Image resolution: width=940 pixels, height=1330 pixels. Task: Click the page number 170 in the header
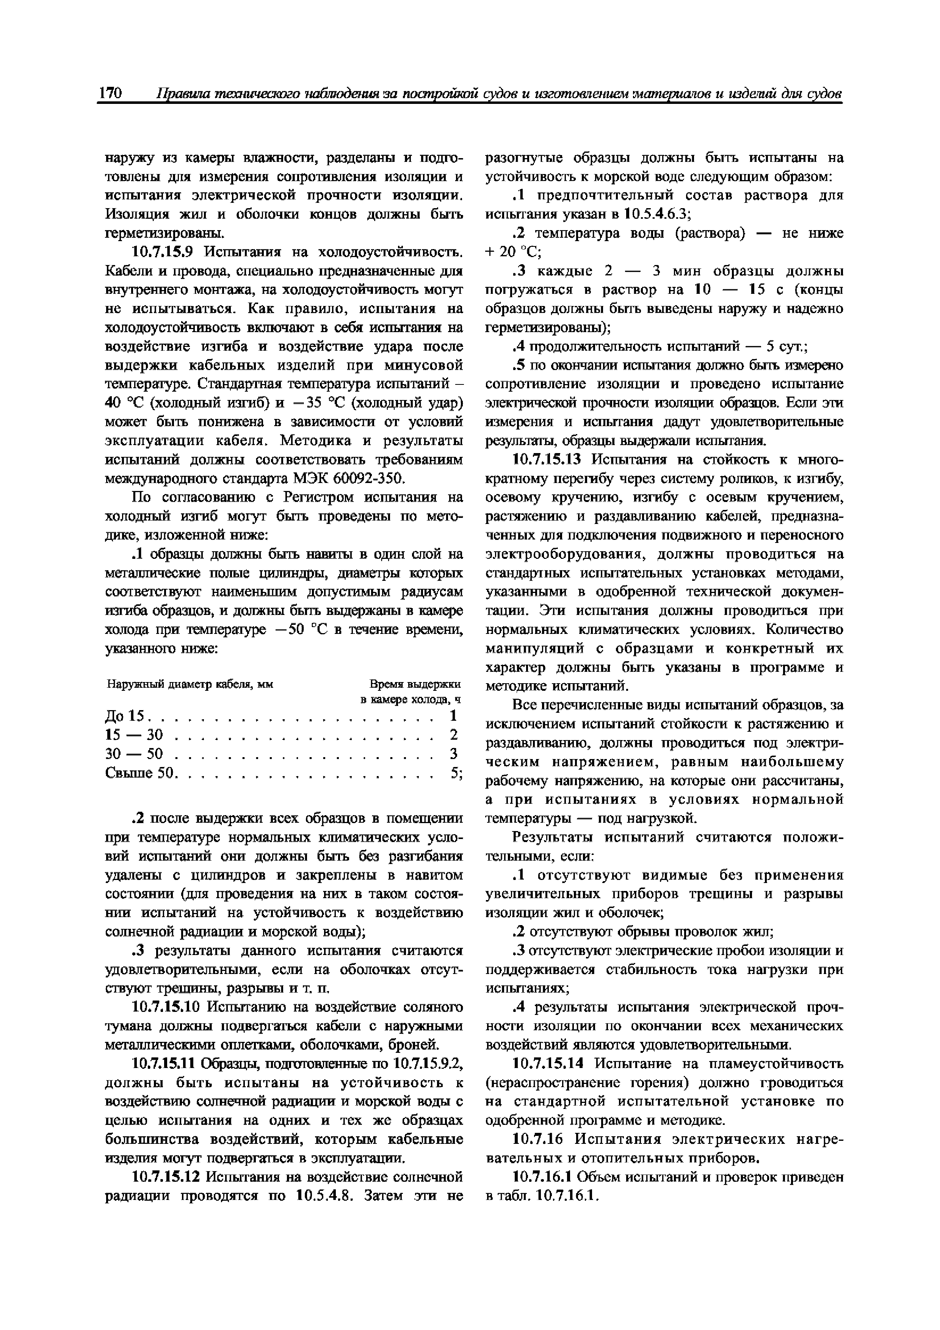pyautogui.click(x=110, y=93)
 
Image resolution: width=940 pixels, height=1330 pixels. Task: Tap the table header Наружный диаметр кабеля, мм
pyautogui.click(x=190, y=684)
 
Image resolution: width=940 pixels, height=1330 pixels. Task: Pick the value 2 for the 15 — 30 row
pyautogui.click(x=453, y=734)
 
